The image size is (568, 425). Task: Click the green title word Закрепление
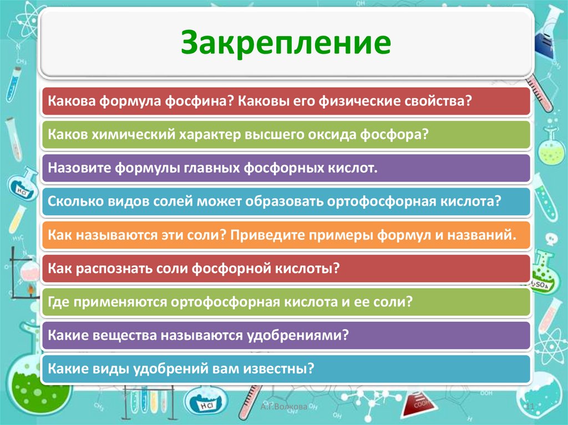[x=286, y=42]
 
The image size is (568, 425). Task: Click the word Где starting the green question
[x=58, y=301]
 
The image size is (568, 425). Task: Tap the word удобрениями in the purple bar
[x=297, y=335]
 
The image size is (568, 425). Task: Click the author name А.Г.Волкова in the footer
[x=283, y=406]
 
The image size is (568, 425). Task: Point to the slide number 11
[x=530, y=406]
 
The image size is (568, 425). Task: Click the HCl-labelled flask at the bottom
[x=204, y=401]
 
